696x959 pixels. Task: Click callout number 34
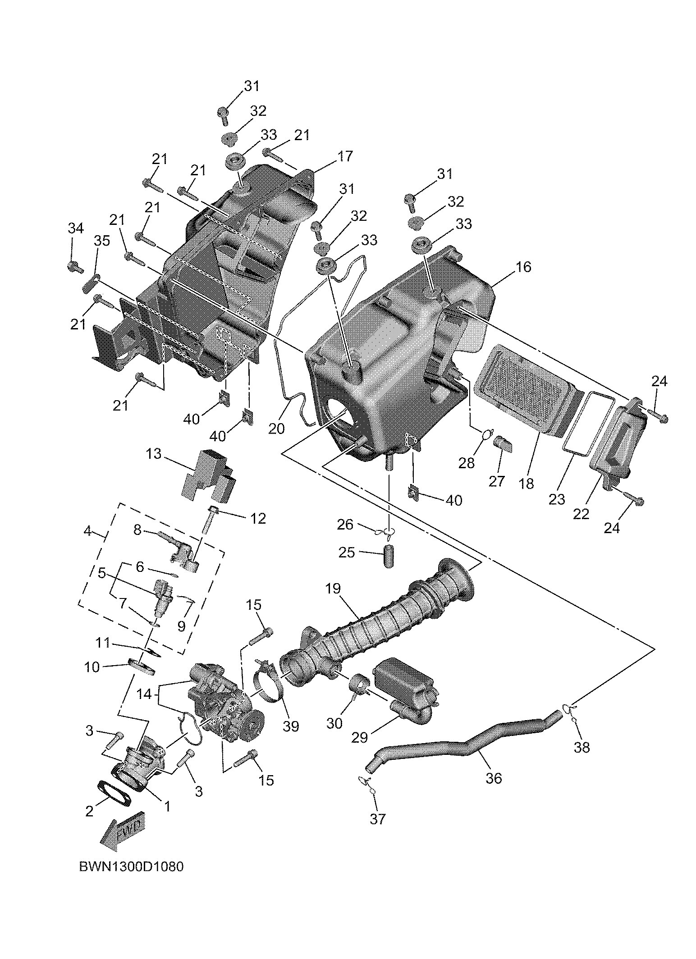pos(75,228)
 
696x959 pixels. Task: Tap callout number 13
pos(153,453)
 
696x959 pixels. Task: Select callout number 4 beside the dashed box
pos(87,531)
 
